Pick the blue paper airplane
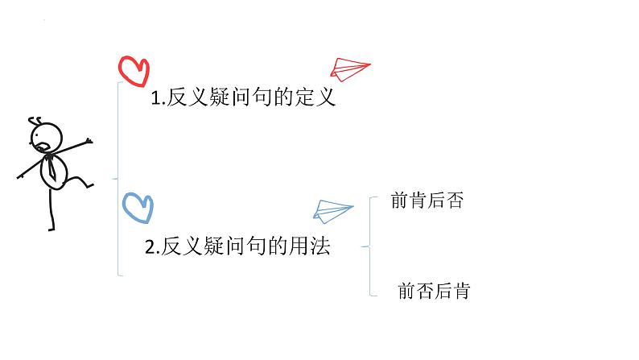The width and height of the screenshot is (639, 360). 332,210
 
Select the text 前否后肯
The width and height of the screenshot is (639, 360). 434,291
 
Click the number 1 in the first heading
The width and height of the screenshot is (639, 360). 156,101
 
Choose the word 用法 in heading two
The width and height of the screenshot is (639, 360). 311,246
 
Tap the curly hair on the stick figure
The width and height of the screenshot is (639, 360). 36,121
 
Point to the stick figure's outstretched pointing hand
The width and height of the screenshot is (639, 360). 86,142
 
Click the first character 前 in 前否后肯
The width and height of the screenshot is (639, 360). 406,291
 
